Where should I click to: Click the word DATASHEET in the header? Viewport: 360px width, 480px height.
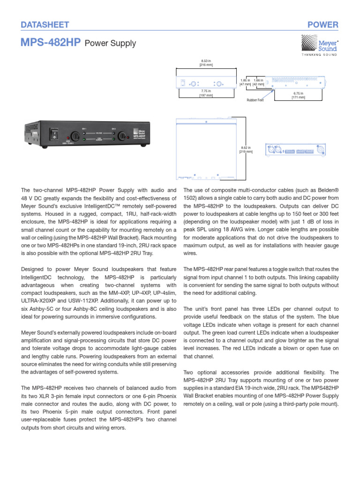45,24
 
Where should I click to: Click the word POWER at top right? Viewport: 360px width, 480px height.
323,24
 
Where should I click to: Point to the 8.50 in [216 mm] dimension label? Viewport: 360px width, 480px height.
206,63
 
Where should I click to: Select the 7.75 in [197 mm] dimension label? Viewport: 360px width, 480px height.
206,93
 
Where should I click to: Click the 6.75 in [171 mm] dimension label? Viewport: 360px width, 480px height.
298,95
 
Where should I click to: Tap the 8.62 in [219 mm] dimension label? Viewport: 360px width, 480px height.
246,150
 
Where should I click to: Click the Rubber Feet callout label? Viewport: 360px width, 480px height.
255,100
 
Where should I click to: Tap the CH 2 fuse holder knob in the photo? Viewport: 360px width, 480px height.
123,136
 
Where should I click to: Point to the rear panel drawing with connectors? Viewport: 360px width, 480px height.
295,151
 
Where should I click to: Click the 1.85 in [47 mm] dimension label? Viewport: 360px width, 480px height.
246,82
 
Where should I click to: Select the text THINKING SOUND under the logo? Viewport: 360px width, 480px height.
318,55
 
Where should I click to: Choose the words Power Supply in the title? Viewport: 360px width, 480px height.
111,44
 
